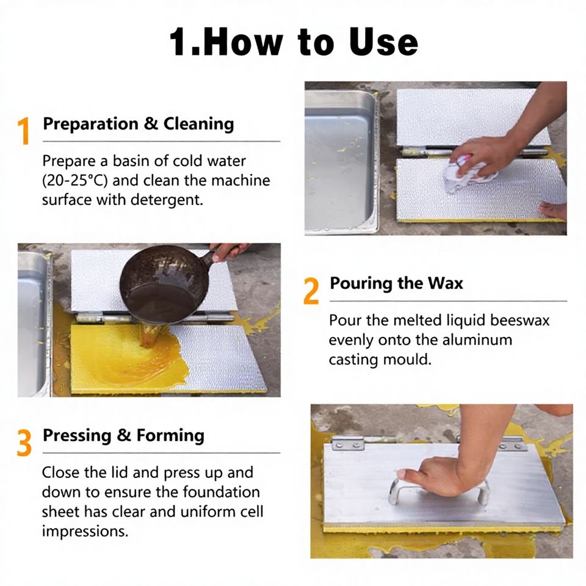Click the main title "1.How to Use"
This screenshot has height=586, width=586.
point(294,42)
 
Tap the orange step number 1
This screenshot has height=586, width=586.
point(24,131)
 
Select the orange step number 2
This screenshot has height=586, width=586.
point(311,291)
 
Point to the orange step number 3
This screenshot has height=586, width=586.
point(24,443)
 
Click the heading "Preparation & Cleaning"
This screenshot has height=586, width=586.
point(139,124)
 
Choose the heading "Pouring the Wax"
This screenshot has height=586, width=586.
point(396,283)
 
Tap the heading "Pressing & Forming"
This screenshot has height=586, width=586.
point(123,436)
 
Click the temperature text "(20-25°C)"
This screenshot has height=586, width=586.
point(74,181)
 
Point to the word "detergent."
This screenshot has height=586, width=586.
point(167,200)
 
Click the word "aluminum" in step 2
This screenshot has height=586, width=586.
point(477,340)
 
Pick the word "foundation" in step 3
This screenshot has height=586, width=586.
point(221,492)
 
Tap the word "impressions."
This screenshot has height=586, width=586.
point(85,531)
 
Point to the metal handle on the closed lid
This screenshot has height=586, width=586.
point(439,490)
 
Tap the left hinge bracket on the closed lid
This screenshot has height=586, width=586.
point(347,444)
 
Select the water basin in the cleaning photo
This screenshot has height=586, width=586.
point(341,162)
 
